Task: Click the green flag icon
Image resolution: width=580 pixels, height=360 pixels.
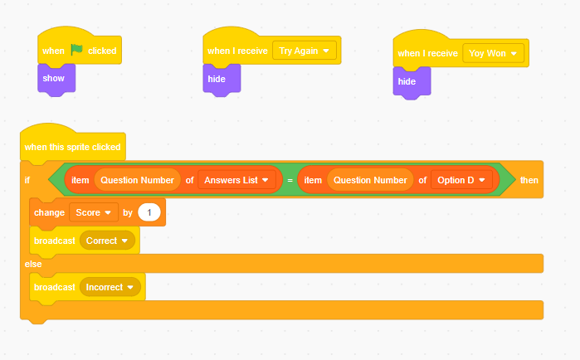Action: (x=76, y=50)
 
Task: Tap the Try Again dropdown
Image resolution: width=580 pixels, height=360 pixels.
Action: (x=305, y=51)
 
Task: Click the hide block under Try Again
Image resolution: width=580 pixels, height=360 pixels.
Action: (x=222, y=80)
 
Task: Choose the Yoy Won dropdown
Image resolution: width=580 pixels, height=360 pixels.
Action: (x=494, y=53)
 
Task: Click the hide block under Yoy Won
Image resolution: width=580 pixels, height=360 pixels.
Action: (x=412, y=82)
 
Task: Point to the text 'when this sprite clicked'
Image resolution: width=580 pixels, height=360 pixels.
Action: (x=72, y=147)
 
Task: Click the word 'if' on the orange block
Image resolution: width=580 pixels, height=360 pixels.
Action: (x=27, y=180)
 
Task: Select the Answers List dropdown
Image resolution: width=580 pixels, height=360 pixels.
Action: (x=236, y=180)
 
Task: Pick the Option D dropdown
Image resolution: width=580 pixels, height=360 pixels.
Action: (x=461, y=180)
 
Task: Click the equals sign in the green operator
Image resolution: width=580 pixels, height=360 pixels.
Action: (x=290, y=180)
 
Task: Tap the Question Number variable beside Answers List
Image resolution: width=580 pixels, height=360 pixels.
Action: (x=137, y=180)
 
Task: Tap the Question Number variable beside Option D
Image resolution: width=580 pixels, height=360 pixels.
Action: (x=370, y=180)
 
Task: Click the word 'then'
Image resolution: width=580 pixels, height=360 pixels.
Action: (x=529, y=180)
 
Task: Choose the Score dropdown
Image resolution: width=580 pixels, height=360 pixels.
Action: (x=94, y=212)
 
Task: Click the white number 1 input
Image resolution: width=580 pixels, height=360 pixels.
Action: (x=149, y=212)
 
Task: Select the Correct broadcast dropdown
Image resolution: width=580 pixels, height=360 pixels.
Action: (x=107, y=241)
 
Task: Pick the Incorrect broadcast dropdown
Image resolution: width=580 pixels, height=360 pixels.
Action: (x=110, y=287)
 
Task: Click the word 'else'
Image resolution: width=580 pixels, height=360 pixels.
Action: (x=33, y=264)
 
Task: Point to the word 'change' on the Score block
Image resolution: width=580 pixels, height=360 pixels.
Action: (x=49, y=213)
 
